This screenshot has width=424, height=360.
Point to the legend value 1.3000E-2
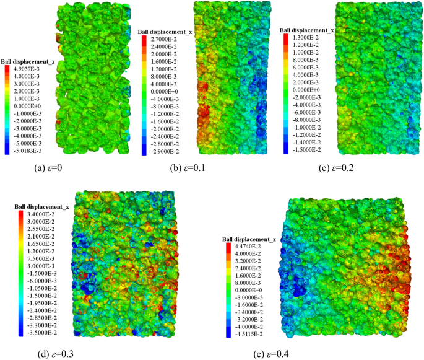(306, 37)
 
